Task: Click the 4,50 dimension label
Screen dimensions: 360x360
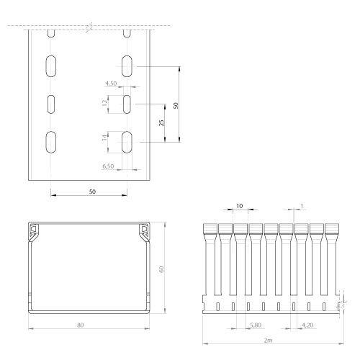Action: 111,84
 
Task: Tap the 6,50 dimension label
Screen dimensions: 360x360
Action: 108,166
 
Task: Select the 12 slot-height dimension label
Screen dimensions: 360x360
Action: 104,103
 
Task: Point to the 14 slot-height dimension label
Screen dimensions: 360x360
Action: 104,138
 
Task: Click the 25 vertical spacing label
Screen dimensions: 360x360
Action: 162,122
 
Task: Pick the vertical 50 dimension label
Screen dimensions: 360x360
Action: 176,105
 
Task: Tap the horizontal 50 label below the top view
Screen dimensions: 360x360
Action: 92,192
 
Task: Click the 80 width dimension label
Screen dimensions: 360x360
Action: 81,325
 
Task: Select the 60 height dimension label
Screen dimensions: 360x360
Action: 161,269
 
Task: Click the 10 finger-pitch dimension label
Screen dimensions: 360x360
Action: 240,206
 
